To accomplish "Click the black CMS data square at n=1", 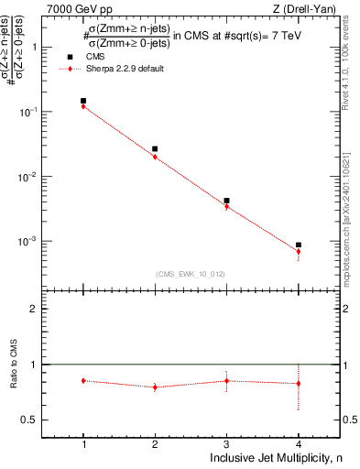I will click(x=83, y=101).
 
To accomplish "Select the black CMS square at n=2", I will click(x=155, y=148).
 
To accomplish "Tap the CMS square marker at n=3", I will click(x=226, y=201).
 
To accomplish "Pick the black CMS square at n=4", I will click(x=298, y=245).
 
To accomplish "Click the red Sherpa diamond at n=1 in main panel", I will click(x=83, y=106).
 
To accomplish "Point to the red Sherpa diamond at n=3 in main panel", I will click(x=226, y=206).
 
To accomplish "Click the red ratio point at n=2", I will click(x=155, y=387).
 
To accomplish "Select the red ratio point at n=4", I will click(x=298, y=383).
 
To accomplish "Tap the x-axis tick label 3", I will click(x=226, y=443).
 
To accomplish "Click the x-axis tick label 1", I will click(x=83, y=443).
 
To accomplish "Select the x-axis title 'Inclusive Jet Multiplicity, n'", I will click(x=276, y=458).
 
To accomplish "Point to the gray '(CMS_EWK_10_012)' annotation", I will click(x=191, y=273).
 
